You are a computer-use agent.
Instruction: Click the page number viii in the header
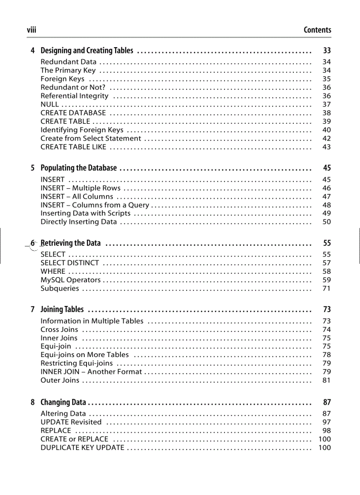(x=31, y=30)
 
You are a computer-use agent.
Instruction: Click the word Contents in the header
(x=317, y=30)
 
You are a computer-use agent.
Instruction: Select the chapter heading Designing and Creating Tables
(x=86, y=51)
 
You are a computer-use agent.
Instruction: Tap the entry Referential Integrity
(x=74, y=96)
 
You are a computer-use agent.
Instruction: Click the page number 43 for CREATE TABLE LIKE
(x=326, y=147)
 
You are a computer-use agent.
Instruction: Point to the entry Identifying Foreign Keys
(x=82, y=130)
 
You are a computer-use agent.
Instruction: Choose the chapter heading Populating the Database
(x=79, y=168)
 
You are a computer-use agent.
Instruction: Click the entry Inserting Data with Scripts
(x=85, y=213)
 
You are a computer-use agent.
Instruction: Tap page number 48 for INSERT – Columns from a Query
(x=326, y=205)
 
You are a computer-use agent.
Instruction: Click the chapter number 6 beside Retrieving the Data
(x=33, y=243)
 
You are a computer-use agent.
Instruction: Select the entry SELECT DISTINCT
(x=70, y=263)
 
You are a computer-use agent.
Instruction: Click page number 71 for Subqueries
(x=326, y=289)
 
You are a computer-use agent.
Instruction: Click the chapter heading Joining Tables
(x=62, y=309)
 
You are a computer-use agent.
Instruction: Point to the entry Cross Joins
(x=59, y=330)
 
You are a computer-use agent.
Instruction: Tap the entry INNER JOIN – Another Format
(x=91, y=372)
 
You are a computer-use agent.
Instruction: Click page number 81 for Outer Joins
(x=326, y=380)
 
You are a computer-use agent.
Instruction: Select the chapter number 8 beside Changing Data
(x=33, y=402)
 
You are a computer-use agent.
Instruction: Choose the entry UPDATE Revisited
(x=71, y=422)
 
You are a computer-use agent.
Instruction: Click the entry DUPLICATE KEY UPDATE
(x=82, y=448)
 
